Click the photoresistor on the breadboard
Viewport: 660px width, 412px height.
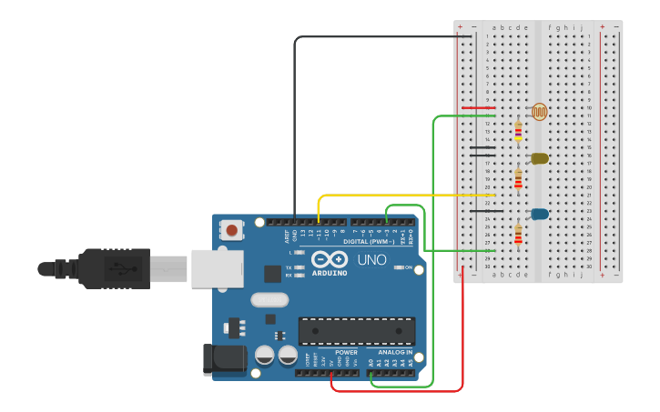tap(539, 112)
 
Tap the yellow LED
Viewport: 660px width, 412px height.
tap(539, 158)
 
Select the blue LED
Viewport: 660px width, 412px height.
tap(539, 215)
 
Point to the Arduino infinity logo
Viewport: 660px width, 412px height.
tap(329, 259)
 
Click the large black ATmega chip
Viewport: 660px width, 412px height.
tap(357, 331)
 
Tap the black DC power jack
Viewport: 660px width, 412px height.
tap(224, 358)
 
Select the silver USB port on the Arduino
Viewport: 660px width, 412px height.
tap(217, 268)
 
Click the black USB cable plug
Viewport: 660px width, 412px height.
tap(114, 268)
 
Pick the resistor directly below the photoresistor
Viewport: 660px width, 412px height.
tap(518, 132)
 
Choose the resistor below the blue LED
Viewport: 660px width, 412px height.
tap(518, 236)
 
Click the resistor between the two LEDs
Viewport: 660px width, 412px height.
tap(518, 179)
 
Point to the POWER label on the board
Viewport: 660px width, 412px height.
tap(346, 352)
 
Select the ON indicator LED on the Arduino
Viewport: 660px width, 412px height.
tap(398, 267)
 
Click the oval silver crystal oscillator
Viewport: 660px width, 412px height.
tap(269, 299)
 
